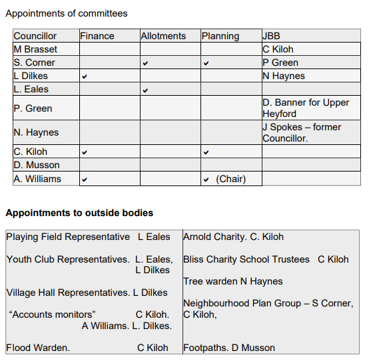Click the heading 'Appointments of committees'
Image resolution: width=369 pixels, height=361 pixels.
pos(66,13)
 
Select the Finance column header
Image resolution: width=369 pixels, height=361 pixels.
pos(97,36)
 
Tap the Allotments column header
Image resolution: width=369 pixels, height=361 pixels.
pos(163,36)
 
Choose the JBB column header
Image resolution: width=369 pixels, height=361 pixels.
pos(272,36)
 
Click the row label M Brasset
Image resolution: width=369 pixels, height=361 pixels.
pos(35,49)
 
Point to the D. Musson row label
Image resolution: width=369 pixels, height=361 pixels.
pos(37,165)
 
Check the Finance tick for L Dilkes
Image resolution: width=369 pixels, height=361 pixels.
pos(84,76)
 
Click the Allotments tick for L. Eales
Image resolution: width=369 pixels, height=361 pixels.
pos(145,90)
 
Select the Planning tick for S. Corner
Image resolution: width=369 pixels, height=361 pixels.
pos(206,63)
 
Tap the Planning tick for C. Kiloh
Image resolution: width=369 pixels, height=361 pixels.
pos(206,152)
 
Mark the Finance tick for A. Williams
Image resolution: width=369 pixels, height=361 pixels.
pos(84,179)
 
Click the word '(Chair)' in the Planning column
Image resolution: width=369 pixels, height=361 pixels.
pos(230,179)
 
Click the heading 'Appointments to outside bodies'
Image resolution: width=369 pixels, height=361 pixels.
pos(79,213)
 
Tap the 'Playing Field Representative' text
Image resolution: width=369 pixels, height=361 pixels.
pos(68,237)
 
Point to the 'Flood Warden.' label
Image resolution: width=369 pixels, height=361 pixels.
pos(38,348)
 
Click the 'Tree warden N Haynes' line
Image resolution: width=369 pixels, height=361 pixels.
pos(233,281)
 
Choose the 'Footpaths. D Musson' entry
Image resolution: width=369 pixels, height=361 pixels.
pos(229,348)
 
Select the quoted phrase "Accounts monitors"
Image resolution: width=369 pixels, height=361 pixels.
pos(53,314)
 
